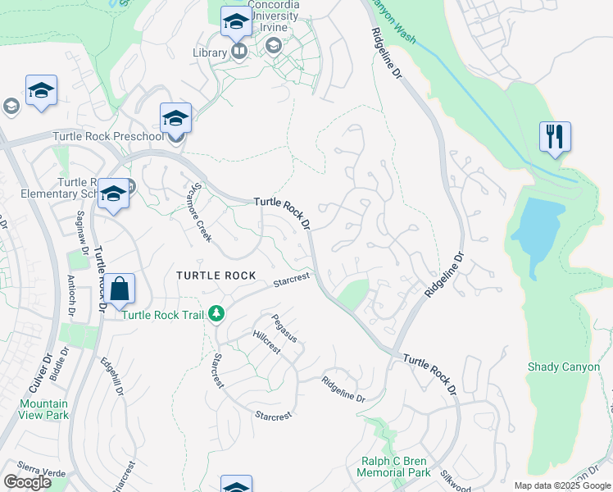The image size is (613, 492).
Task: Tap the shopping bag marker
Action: click(119, 289)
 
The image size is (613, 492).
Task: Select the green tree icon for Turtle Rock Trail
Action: click(216, 313)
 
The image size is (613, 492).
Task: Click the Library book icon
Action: click(239, 52)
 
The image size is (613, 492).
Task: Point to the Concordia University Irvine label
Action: click(274, 16)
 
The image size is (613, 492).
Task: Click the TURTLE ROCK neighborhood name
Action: click(216, 276)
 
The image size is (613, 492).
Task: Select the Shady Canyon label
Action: click(564, 367)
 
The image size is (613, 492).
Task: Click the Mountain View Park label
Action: click(43, 409)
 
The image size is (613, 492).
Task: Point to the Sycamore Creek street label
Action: click(202, 212)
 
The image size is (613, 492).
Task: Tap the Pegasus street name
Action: click(283, 328)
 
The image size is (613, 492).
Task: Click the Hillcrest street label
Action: click(266, 342)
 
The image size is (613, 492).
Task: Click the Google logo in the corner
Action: click(28, 481)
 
